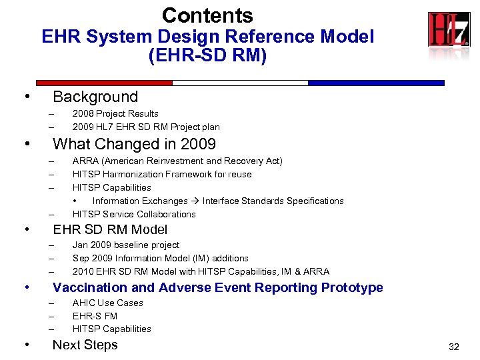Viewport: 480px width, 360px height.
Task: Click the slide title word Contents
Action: point(207,15)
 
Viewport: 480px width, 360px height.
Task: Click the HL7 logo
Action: point(448,30)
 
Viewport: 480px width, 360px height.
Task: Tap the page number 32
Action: point(454,347)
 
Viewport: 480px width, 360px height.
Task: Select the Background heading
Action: point(95,97)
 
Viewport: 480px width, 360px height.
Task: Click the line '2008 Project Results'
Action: point(115,114)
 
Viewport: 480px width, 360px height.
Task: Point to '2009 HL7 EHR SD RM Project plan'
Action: point(145,127)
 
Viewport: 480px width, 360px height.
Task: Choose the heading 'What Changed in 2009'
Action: point(134,144)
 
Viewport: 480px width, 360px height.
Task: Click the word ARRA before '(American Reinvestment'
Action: point(85,161)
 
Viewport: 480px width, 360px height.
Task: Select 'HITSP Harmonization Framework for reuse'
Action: point(162,175)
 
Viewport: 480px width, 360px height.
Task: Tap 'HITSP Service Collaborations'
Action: point(134,214)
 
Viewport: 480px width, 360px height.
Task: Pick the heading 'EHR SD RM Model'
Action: point(110,230)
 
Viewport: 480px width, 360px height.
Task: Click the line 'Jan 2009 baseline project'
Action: point(125,245)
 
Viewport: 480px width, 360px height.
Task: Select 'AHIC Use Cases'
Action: point(107,303)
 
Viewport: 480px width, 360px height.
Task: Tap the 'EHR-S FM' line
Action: point(95,316)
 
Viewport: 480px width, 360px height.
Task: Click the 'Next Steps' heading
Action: point(85,345)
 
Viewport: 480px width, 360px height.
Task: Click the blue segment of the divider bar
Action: point(376,83)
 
